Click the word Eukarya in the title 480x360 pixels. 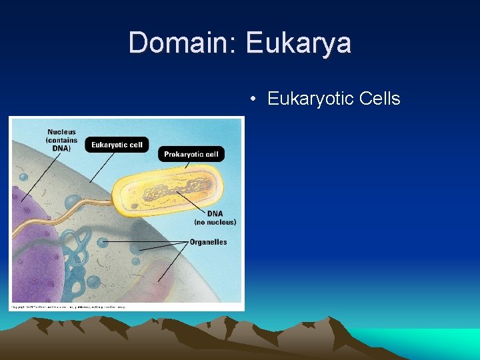click(298, 43)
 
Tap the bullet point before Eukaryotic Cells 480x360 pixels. click(253, 100)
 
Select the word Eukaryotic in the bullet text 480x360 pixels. click(310, 99)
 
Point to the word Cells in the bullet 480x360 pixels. click(379, 99)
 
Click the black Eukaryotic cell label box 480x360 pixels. click(117, 145)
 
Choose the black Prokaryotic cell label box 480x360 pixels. click(191, 154)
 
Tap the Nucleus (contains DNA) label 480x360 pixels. click(61, 140)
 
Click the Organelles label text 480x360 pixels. click(208, 242)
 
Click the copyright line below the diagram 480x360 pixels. click(67, 307)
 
